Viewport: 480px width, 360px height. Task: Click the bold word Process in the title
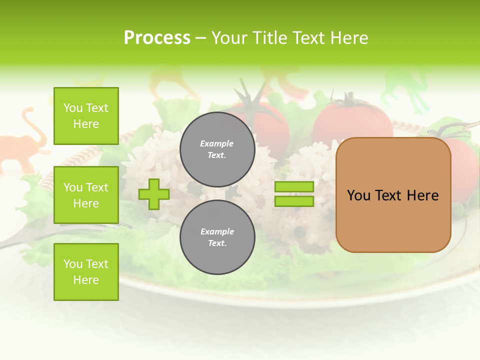click(x=157, y=38)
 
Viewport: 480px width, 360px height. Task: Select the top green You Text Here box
click(x=86, y=116)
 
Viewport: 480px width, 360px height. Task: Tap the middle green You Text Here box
click(x=86, y=195)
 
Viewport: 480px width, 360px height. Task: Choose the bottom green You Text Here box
click(x=86, y=272)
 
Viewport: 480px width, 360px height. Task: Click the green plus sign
click(x=154, y=194)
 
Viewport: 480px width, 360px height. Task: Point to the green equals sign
click(x=294, y=194)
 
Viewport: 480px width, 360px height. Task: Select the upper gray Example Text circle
click(x=217, y=149)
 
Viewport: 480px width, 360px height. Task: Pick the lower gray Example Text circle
click(x=217, y=237)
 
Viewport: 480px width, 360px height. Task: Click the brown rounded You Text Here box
click(x=393, y=195)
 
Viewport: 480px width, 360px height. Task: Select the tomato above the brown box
click(x=352, y=120)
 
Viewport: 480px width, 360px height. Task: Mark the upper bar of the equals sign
click(x=294, y=187)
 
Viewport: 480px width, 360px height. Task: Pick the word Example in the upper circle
click(x=217, y=143)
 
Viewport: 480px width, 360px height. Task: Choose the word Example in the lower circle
click(x=217, y=231)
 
